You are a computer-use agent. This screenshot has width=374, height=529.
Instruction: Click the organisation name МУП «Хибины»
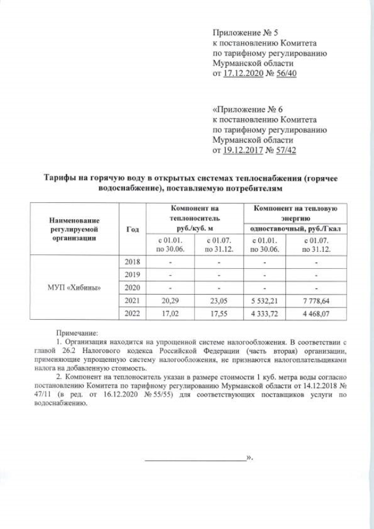[x=72, y=288]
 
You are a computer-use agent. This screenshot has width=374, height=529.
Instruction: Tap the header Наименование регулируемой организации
[x=72, y=229]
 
